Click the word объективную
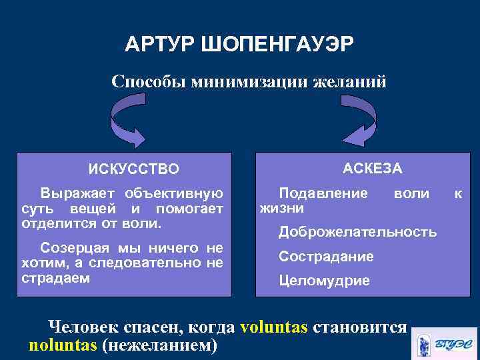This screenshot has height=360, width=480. (175, 193)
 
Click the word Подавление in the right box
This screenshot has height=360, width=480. (323, 193)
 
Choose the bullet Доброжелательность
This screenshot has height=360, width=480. (357, 232)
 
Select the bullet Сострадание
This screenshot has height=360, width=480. (326, 256)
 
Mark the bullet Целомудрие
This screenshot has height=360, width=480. (324, 281)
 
